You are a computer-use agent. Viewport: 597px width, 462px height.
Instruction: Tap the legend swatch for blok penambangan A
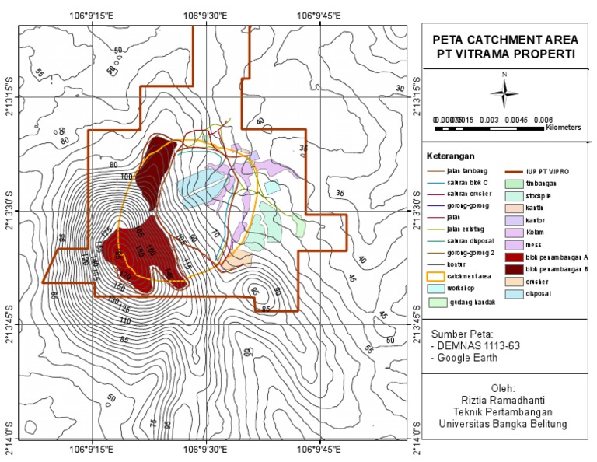click(516, 256)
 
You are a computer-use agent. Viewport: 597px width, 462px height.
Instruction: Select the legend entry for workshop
click(452, 287)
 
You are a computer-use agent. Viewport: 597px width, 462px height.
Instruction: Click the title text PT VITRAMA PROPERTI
click(504, 54)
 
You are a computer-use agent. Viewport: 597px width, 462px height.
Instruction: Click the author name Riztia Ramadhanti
click(504, 399)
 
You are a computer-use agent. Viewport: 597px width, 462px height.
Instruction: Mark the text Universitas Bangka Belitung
click(504, 424)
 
